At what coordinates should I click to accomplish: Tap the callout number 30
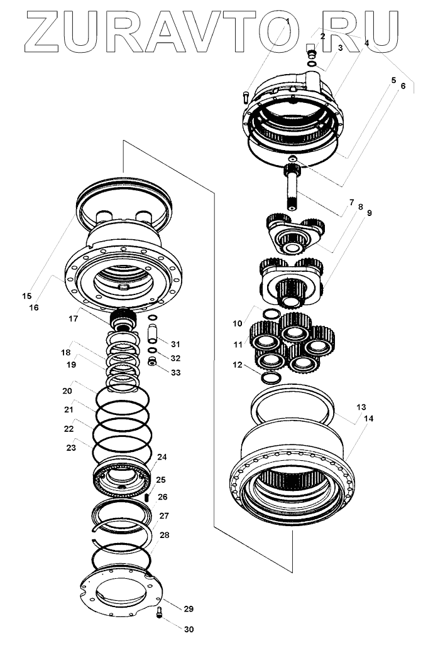pyautogui.click(x=189, y=628)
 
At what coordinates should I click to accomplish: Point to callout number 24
pyautogui.click(x=162, y=457)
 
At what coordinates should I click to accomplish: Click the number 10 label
pyautogui.click(x=237, y=323)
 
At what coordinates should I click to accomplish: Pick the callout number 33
pyautogui.click(x=175, y=372)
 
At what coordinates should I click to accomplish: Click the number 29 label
pyautogui.click(x=189, y=609)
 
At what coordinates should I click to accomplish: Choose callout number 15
pyautogui.click(x=26, y=295)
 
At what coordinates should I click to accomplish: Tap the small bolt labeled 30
pyautogui.click(x=158, y=613)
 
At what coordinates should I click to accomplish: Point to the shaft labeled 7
pyautogui.click(x=294, y=188)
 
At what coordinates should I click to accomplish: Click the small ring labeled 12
pyautogui.click(x=271, y=378)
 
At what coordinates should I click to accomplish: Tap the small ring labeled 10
pyautogui.click(x=271, y=313)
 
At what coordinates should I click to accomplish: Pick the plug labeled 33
pyautogui.click(x=151, y=362)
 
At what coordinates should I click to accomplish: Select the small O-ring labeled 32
pyautogui.click(x=151, y=350)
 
